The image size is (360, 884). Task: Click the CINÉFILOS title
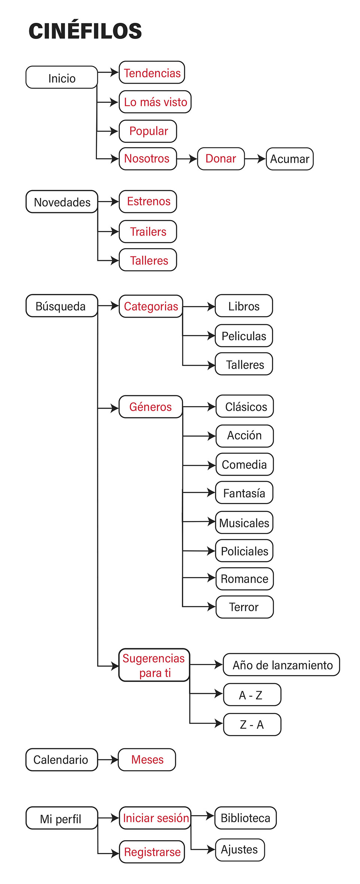click(85, 31)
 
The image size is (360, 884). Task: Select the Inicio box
click(62, 78)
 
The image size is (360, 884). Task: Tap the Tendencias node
click(152, 73)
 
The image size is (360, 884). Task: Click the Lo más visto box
click(155, 102)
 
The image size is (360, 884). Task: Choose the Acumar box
click(290, 159)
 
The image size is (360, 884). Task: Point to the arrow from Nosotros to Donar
click(187, 159)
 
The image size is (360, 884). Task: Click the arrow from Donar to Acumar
click(255, 159)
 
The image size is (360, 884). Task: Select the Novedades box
click(62, 202)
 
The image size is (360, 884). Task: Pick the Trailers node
click(148, 232)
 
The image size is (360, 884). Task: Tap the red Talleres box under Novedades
click(148, 260)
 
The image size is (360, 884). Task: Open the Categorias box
click(151, 307)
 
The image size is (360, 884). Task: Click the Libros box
click(244, 306)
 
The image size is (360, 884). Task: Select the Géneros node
click(150, 407)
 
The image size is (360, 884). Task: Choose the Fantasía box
click(244, 493)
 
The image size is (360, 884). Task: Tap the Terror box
click(244, 607)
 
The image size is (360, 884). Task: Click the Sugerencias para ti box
click(154, 665)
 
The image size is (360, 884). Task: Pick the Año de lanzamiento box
click(281, 665)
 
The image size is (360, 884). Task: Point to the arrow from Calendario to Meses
click(108, 760)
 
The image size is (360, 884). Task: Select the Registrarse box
click(152, 852)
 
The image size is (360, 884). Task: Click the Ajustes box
click(240, 850)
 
